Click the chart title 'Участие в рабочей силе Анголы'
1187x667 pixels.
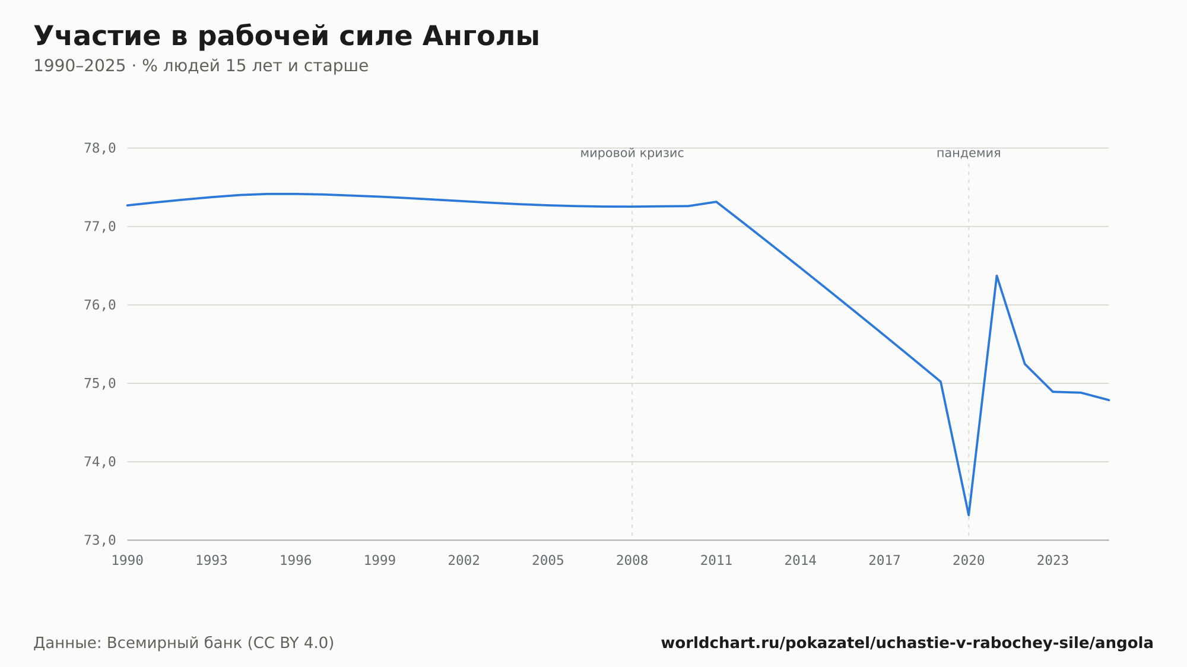pos(287,37)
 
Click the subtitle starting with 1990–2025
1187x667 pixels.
pos(201,66)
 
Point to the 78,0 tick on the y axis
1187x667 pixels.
pos(100,148)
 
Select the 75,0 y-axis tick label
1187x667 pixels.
pos(100,384)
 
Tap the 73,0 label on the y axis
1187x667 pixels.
pos(100,541)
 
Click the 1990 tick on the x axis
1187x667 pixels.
pos(128,561)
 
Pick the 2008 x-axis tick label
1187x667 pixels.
pos(632,561)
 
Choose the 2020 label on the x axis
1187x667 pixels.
pos(969,561)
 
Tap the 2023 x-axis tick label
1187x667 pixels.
pos(1053,561)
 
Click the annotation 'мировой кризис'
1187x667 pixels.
pos(632,154)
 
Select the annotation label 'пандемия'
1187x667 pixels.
pos(969,154)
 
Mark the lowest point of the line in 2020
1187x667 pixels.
pos(969,515)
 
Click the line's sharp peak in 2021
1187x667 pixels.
pos(996,275)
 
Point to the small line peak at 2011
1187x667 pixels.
pos(716,202)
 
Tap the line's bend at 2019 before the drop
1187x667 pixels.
pos(941,382)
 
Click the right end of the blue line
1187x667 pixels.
pos(1109,400)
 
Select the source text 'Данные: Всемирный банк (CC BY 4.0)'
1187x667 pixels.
pos(184,643)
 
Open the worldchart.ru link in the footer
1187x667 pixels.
pos(907,643)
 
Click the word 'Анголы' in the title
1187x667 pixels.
pos(481,37)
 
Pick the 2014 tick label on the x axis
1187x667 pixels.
pos(801,561)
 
